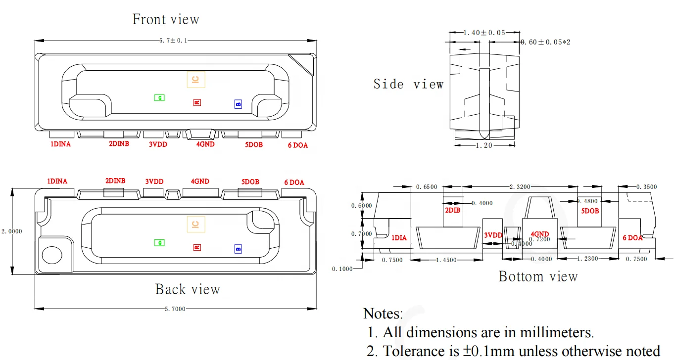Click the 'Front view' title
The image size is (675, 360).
166,19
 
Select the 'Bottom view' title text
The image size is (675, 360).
538,276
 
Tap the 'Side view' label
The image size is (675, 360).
408,84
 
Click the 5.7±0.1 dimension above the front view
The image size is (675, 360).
173,41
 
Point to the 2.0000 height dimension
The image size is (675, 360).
11,231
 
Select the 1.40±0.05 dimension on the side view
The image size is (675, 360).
484,33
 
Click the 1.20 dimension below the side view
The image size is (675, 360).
484,145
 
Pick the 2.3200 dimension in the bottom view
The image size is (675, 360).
520,187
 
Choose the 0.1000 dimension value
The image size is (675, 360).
342,269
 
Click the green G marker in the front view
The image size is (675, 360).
159,98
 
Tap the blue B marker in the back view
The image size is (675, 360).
238,249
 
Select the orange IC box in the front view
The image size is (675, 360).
195,80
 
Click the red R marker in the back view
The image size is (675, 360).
196,247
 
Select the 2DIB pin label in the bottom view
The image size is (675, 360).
452,210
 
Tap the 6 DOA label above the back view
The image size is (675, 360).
294,182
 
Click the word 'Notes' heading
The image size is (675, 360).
383,314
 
